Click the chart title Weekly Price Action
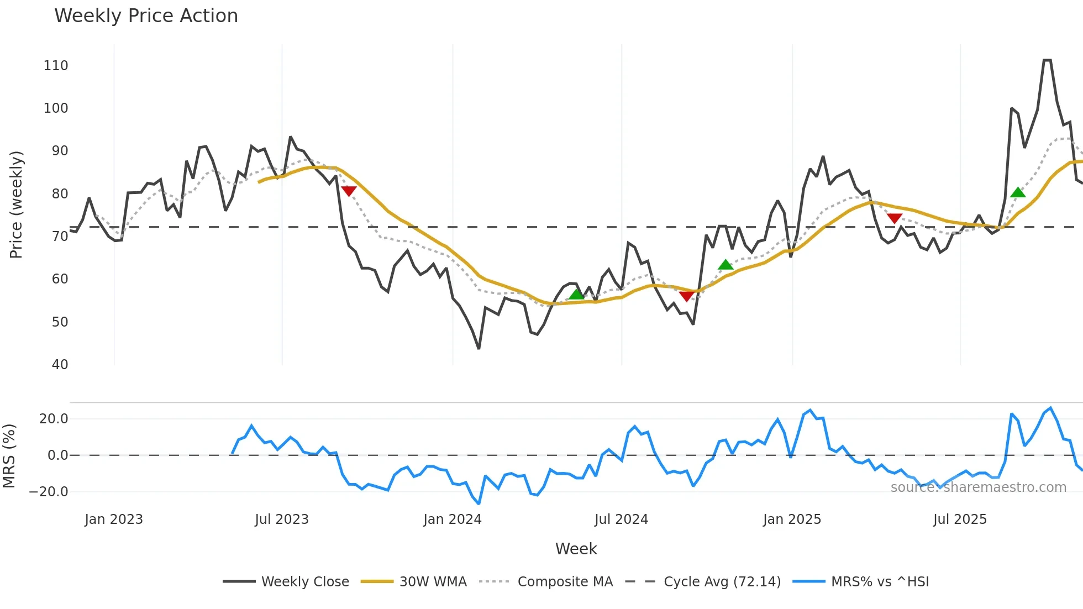click(146, 16)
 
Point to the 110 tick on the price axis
click(56, 66)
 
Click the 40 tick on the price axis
click(60, 365)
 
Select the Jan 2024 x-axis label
click(453, 519)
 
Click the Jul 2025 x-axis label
click(960, 519)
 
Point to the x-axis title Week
click(576, 549)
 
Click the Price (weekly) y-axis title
click(17, 204)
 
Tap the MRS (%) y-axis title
click(9, 456)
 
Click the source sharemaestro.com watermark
click(978, 487)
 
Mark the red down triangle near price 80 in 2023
click(349, 191)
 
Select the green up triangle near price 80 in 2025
click(1018, 192)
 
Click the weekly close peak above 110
click(1047, 60)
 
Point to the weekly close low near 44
click(479, 348)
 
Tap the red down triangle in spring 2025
click(895, 218)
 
